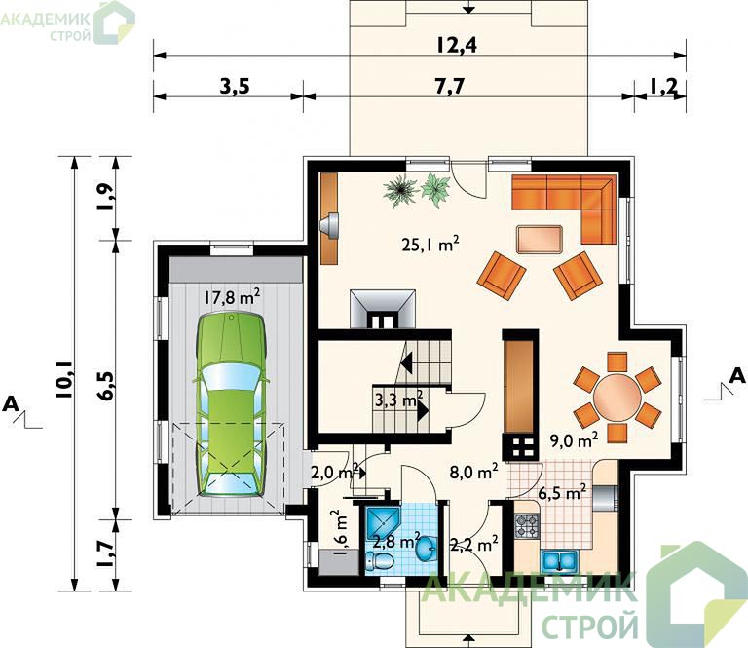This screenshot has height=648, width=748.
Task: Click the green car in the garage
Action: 231,404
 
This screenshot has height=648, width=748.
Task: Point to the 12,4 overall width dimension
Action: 457,45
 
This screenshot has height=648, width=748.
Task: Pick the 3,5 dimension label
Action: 234,87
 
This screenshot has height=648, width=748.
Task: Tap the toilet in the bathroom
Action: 379,561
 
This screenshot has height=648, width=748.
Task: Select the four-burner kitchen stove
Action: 527,526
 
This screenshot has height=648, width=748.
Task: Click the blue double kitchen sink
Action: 560,560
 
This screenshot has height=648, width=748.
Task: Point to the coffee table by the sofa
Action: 540,239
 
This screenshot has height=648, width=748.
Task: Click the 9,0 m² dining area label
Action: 574,440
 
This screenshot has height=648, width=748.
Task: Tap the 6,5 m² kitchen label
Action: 562,492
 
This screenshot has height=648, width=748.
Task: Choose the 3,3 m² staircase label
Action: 398,400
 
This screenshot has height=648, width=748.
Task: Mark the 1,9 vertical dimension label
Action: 107,197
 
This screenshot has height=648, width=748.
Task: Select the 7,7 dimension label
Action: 449,87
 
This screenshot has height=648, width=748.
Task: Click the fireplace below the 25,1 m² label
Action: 383,309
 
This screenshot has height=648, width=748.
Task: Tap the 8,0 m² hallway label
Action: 473,472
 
